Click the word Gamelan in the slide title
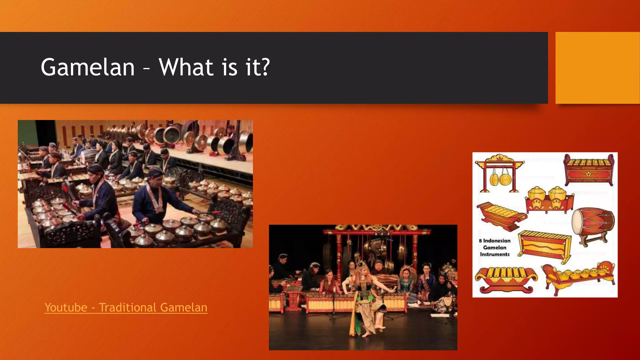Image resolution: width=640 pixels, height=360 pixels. [87, 67]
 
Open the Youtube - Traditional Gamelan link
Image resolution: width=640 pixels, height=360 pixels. [126, 307]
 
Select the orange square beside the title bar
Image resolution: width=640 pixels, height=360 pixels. [597, 67]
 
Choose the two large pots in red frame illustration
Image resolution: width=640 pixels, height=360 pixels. [549, 200]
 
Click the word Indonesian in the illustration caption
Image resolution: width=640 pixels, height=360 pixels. [497, 241]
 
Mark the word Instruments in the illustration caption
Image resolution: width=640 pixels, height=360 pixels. [495, 254]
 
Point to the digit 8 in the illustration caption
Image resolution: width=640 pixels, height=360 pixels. [480, 241]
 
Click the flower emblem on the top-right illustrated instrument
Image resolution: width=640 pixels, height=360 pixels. [588, 174]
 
